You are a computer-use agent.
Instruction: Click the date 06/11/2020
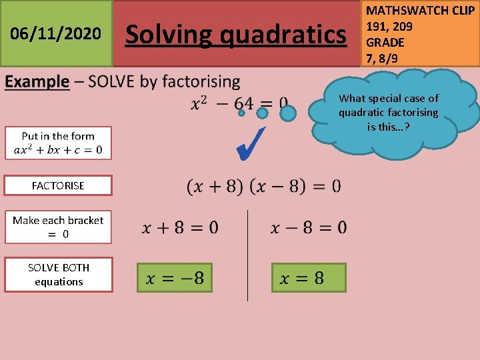point(56,33)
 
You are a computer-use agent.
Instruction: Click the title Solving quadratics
point(237,33)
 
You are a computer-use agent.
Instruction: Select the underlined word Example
point(37,82)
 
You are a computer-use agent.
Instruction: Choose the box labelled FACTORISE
point(58,185)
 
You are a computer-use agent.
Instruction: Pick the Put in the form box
point(58,143)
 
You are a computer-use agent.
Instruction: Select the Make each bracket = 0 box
point(58,227)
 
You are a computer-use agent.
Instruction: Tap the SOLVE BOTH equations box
point(58,275)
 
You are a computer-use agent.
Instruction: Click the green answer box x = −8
point(175,277)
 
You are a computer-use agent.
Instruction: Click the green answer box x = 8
point(309,277)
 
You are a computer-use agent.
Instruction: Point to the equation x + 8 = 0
point(180,228)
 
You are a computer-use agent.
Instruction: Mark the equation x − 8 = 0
point(309,228)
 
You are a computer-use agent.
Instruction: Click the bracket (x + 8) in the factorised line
point(215,186)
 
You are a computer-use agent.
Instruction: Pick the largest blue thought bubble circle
point(287,113)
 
